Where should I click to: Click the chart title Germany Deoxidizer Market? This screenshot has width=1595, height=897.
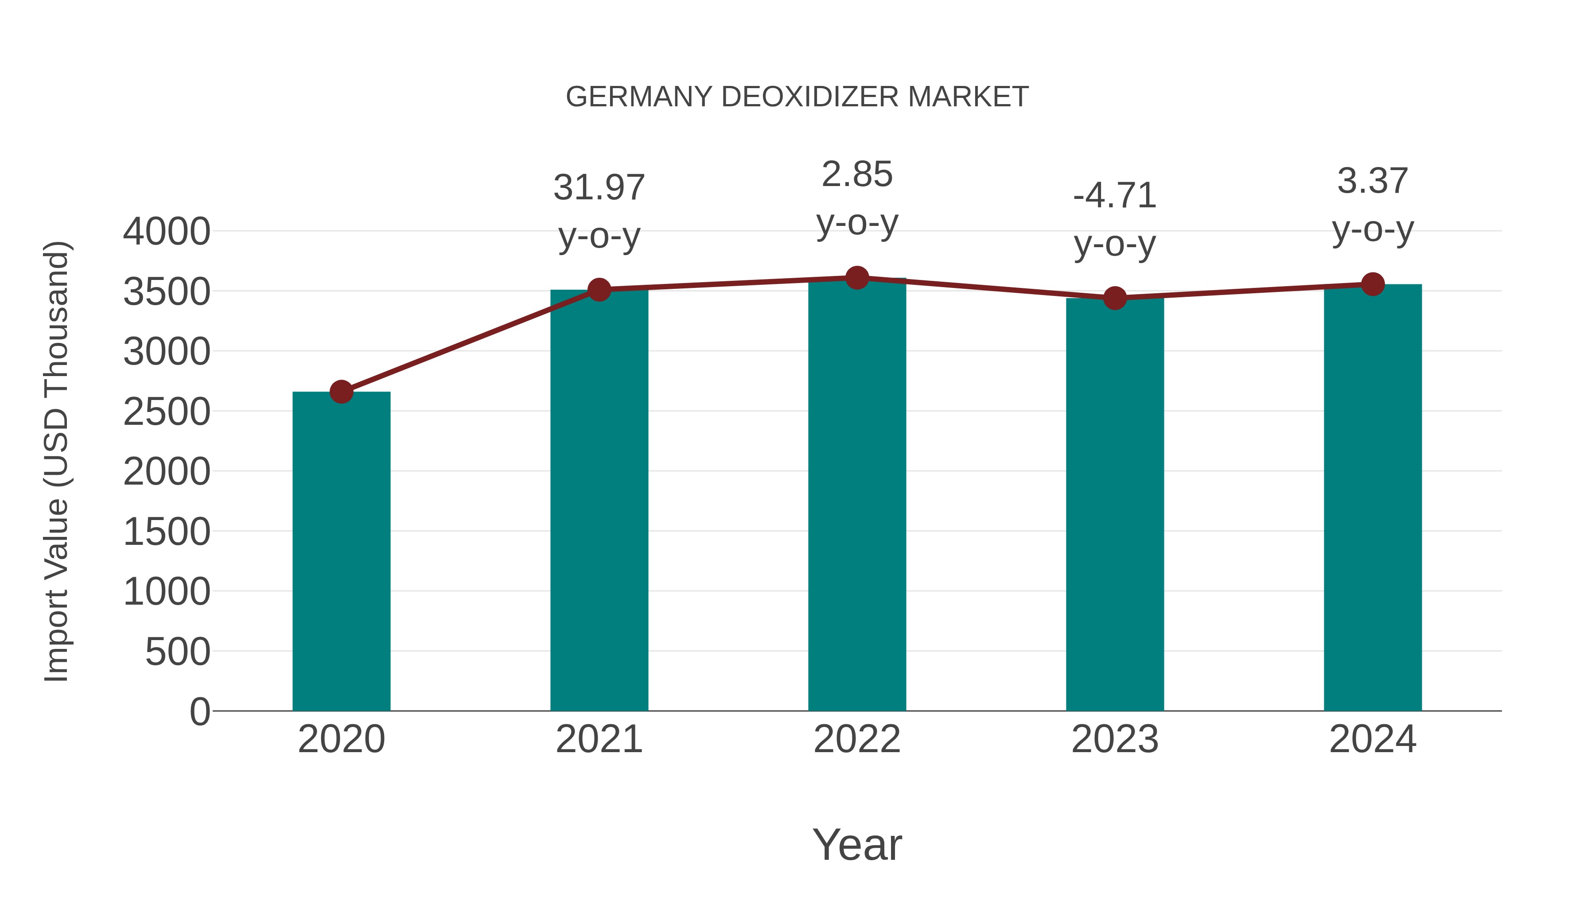point(797,97)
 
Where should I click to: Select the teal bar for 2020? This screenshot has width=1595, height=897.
point(341,551)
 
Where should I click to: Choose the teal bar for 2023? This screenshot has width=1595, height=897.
point(1115,505)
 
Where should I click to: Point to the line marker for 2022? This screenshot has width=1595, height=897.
point(857,278)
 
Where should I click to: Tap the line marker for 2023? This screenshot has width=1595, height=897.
point(1115,299)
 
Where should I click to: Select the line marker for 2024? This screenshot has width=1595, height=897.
point(1373,284)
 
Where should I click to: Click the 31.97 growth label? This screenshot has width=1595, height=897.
point(599,187)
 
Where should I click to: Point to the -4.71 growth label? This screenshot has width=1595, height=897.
point(1115,196)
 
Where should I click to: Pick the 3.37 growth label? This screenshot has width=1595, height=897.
point(1373,181)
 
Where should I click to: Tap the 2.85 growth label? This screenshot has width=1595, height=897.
point(857,175)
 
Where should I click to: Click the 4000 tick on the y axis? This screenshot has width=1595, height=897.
point(167,232)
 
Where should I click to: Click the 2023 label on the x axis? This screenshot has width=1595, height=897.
point(1115,739)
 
